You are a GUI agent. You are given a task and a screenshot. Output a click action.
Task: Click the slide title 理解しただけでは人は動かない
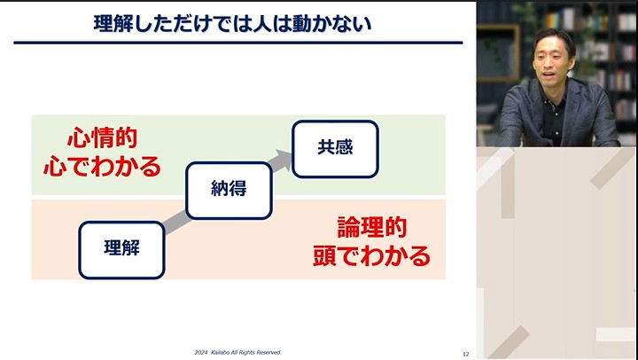pos(232,23)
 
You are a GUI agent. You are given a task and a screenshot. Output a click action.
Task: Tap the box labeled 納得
pos(228,189)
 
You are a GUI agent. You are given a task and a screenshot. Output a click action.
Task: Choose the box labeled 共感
pos(335,147)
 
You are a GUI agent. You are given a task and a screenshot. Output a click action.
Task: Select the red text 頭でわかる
pos(372,256)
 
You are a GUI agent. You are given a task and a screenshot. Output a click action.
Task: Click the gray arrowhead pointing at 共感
pos(283,160)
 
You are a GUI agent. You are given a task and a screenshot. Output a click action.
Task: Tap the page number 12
pos(466,353)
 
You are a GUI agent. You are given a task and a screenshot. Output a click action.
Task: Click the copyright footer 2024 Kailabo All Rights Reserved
pos(237,352)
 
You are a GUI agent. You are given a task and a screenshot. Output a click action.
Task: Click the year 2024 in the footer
pos(202,352)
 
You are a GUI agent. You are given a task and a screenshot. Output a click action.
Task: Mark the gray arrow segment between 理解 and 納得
pos(175,221)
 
